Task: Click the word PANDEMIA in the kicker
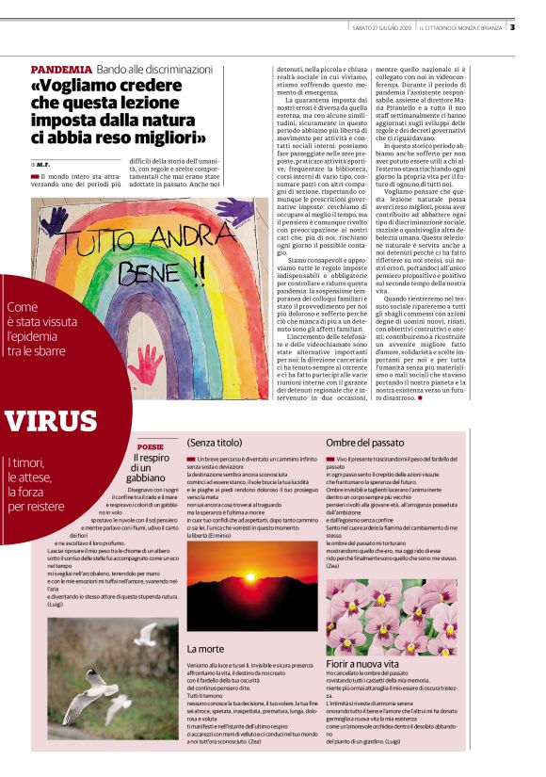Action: point(61,70)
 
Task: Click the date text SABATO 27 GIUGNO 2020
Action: point(371,26)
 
